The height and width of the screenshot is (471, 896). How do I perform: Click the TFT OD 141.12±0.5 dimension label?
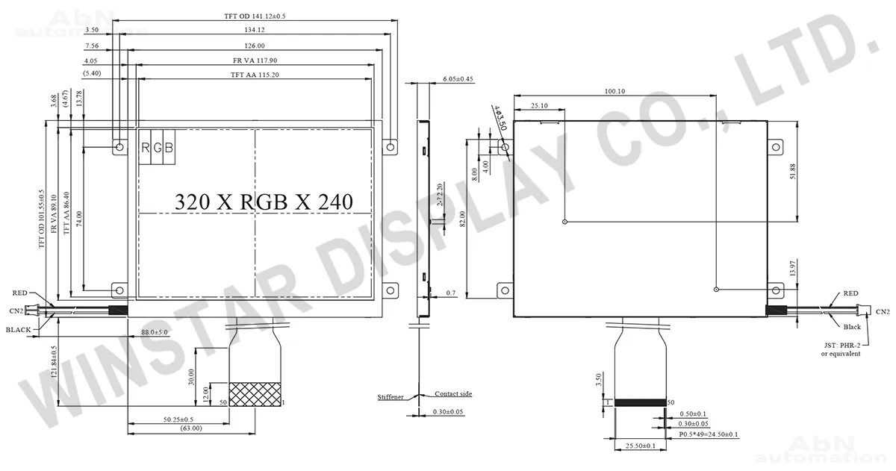coord(255,16)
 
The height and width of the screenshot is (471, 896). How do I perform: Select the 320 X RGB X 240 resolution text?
coord(264,202)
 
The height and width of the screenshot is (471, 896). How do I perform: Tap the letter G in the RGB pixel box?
coord(158,148)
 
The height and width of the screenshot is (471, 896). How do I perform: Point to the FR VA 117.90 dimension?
coord(255,60)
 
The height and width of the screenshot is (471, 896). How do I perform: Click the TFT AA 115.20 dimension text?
coord(255,75)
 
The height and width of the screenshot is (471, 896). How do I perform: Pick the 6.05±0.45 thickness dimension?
coord(458,79)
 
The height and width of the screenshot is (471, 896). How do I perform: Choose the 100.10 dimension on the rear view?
coord(615,91)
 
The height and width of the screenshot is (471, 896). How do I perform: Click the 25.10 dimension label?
coord(539,105)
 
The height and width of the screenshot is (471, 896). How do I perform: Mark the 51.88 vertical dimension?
coord(793,171)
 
